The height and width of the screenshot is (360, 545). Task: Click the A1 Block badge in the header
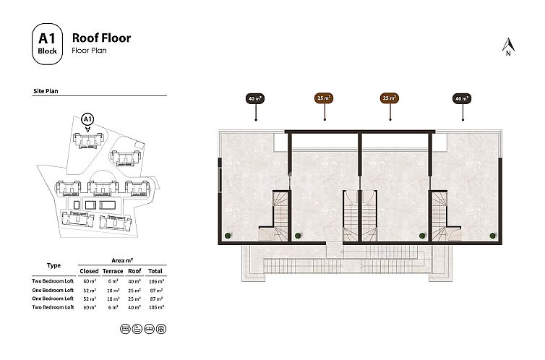(x=48, y=43)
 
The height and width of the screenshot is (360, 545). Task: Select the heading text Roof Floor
(x=101, y=37)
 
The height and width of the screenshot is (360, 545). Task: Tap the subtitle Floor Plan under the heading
(x=89, y=52)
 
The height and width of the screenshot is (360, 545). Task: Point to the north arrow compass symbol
(x=507, y=47)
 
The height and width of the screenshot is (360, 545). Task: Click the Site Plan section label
(x=46, y=93)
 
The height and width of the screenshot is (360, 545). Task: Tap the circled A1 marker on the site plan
(x=87, y=118)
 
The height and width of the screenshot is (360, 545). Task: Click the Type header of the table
(x=53, y=265)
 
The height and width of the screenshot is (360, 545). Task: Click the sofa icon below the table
(x=149, y=327)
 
